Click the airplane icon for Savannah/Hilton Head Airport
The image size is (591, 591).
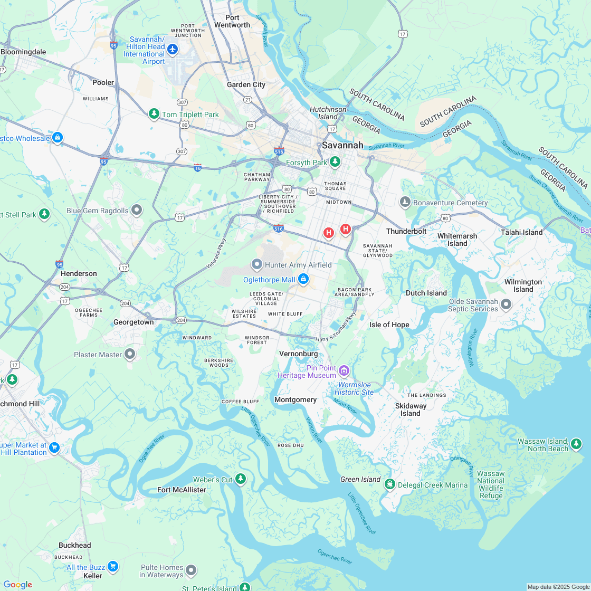click(x=173, y=50)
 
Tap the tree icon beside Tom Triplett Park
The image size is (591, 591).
click(x=154, y=114)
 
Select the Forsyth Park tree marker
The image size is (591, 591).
click(x=335, y=163)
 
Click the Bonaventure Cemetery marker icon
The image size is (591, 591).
click(x=405, y=202)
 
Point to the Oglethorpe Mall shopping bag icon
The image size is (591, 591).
click(x=303, y=279)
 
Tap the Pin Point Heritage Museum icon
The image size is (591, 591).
click(x=344, y=371)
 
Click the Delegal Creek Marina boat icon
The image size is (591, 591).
click(x=389, y=484)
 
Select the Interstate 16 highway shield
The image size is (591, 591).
click(x=197, y=167)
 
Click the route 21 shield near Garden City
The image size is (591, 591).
click(x=247, y=99)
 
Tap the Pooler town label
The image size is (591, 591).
click(x=103, y=82)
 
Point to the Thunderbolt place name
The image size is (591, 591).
click(x=406, y=231)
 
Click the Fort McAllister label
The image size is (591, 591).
click(x=182, y=490)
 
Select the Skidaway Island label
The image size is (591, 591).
click(x=411, y=409)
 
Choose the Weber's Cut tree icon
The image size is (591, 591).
click(x=241, y=479)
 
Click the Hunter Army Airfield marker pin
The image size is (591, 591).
click(x=257, y=264)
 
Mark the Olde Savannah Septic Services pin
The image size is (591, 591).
click(x=506, y=304)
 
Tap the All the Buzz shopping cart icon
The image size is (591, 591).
click(x=112, y=567)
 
